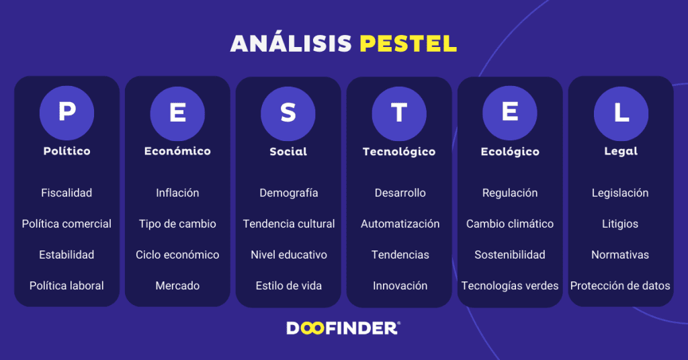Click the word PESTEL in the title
[x=408, y=44]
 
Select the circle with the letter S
[x=288, y=112]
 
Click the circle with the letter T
[x=399, y=112]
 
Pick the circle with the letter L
[x=621, y=112]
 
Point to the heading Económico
[x=177, y=151]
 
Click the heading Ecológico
[x=510, y=151]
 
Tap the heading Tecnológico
[x=399, y=151]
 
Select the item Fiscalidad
[x=67, y=193]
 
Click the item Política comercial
[x=67, y=224]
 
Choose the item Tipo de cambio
[x=177, y=224]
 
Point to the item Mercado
[x=177, y=285]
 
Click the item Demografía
[x=288, y=193]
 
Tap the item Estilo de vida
[x=288, y=285]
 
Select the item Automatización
[x=400, y=224]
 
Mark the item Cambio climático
[x=510, y=224]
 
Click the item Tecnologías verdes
[x=510, y=285]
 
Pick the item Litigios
[x=620, y=224]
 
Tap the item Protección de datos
[x=620, y=285]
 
